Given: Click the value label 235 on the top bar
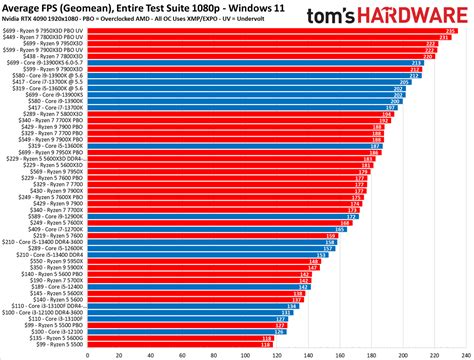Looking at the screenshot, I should (x=450, y=31).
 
